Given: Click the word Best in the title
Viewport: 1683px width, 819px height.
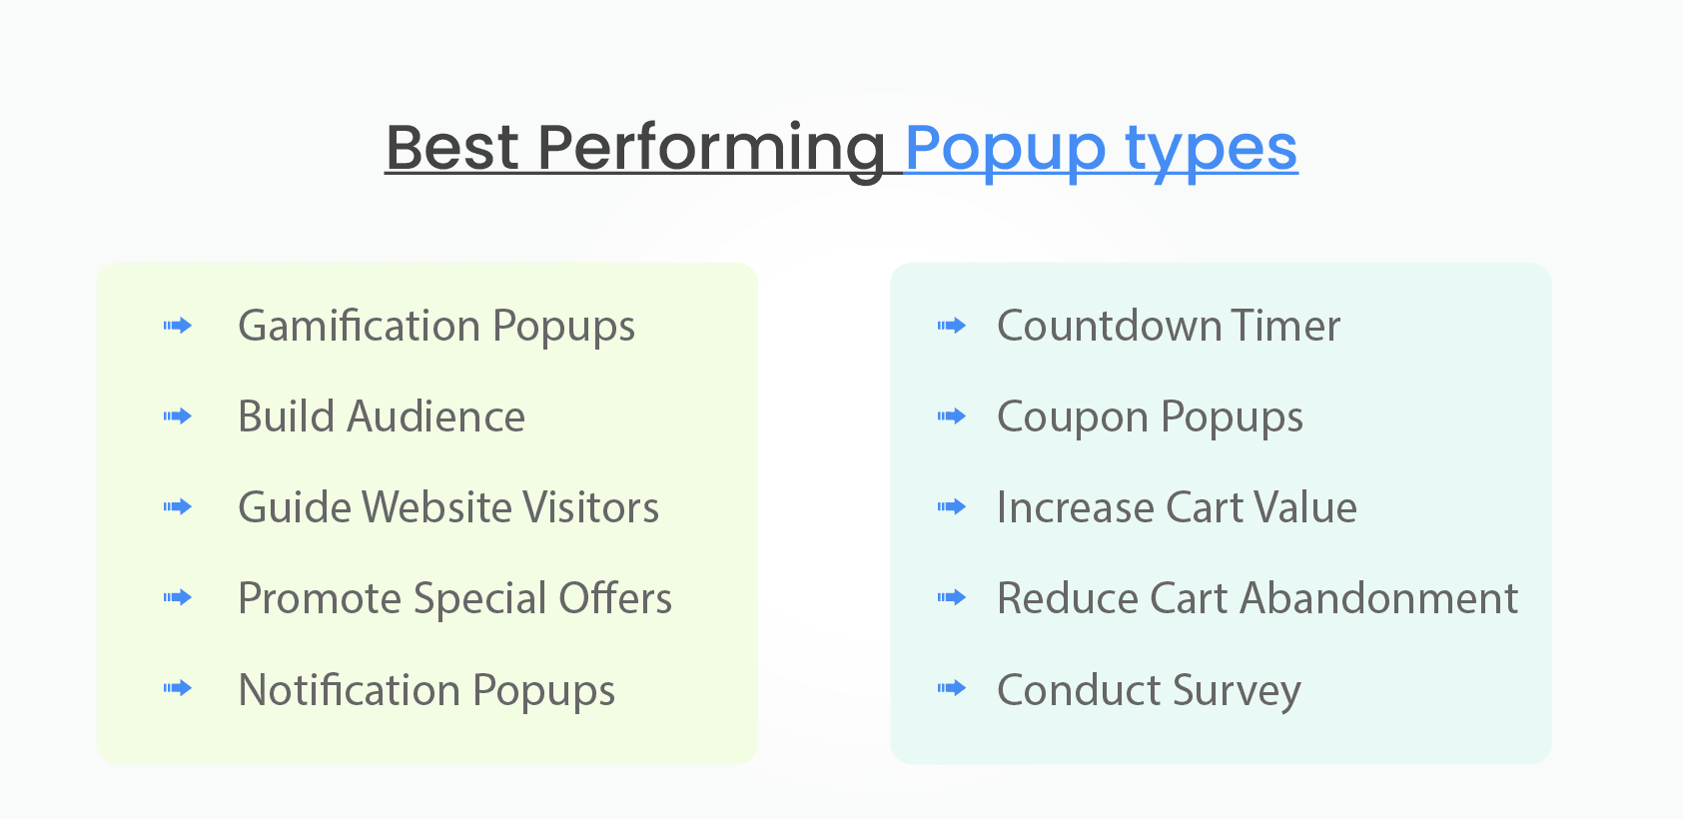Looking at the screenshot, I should tap(451, 148).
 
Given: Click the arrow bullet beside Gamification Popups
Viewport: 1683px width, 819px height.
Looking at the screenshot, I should tap(178, 326).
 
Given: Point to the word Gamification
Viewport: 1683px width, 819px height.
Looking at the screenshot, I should tap(360, 327).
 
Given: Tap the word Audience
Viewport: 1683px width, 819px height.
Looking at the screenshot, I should tap(435, 416).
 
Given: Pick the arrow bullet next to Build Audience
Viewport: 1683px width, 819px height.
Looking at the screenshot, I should tap(178, 416).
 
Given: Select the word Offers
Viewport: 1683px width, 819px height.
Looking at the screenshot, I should tap(615, 598).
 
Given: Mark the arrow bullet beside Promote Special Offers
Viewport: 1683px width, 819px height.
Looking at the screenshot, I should tap(178, 598).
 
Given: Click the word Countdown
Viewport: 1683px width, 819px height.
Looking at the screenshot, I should tap(1109, 327).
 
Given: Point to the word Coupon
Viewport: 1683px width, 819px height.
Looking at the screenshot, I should tap(1073, 417).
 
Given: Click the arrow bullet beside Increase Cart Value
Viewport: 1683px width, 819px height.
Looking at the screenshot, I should tap(952, 507).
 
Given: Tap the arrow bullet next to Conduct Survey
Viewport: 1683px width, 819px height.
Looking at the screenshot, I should tap(952, 688).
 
